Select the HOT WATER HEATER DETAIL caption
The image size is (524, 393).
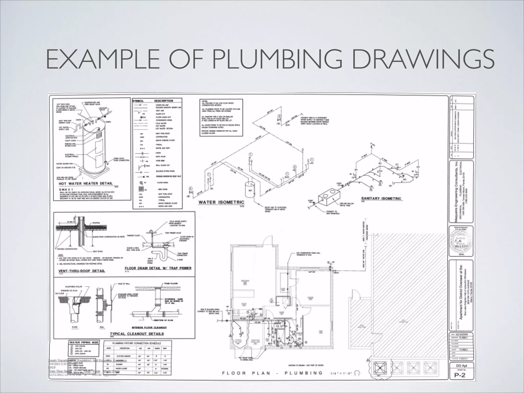pos(85,183)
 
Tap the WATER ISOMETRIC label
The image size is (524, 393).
pos(221,202)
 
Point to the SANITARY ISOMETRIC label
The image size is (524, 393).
pos(381,198)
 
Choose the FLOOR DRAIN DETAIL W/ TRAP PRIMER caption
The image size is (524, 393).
pos(158,268)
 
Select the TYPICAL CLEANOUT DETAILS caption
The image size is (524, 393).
pos(137,334)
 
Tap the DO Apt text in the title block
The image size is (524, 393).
pos(462,366)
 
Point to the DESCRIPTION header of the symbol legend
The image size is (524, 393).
pos(163,101)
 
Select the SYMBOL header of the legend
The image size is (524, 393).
pos(138,101)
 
